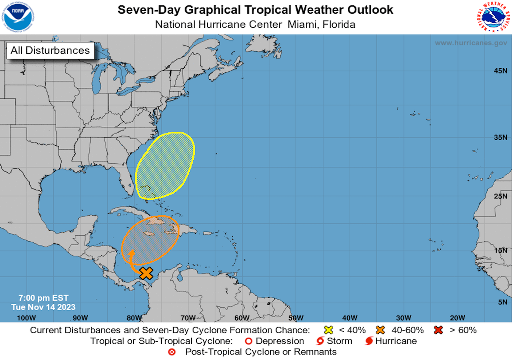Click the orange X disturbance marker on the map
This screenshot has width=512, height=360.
point(146,273)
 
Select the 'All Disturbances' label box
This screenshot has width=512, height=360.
point(50,50)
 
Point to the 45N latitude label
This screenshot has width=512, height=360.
point(500,71)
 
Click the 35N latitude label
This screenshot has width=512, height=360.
point(500,136)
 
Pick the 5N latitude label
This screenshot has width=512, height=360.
point(502,302)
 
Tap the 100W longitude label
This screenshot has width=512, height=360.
point(26,318)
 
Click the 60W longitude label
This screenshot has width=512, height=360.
point(242,318)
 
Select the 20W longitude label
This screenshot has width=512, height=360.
point(458,318)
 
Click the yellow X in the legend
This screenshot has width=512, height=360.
point(328,330)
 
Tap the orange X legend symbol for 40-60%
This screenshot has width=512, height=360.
point(380,330)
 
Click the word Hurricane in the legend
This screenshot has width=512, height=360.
point(396,341)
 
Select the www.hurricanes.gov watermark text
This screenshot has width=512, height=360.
point(471,43)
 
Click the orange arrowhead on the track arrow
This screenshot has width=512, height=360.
point(132,253)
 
